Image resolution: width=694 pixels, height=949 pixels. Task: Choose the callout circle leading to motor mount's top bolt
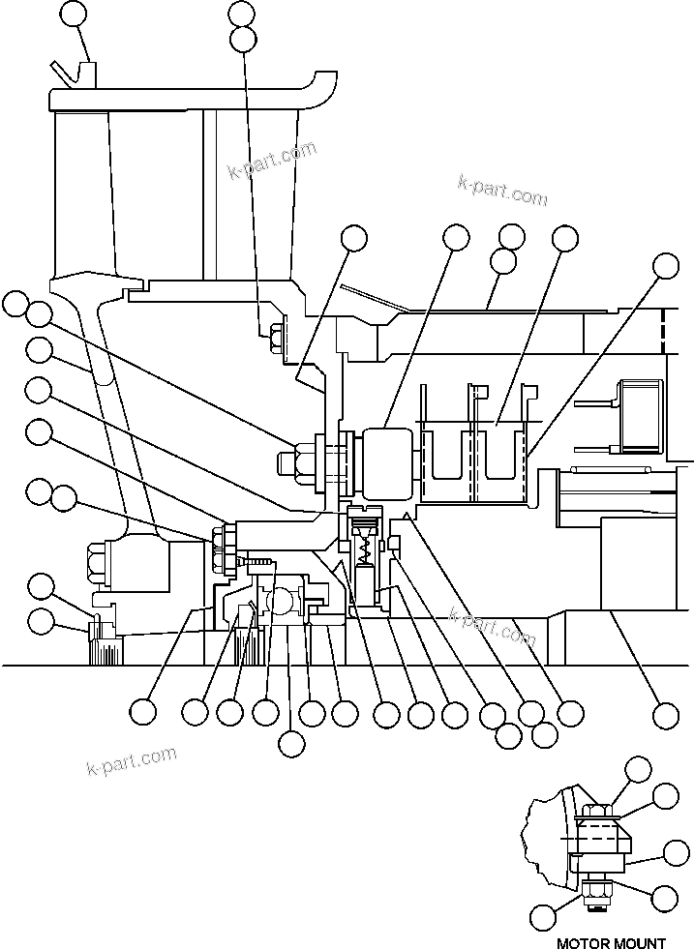(x=638, y=770)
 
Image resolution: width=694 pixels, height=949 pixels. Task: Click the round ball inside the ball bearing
(x=282, y=601)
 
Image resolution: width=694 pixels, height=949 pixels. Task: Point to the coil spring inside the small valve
(x=365, y=551)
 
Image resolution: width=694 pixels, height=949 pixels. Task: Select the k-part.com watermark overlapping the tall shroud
(x=272, y=161)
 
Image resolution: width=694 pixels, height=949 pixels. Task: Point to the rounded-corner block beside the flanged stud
(x=388, y=460)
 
